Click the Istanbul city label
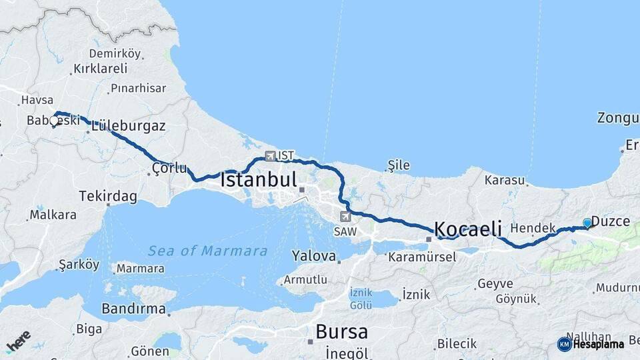pyautogui.click(x=259, y=180)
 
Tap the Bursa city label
pyautogui.click(x=341, y=331)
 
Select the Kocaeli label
pyautogui.click(x=468, y=229)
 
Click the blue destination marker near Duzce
pyautogui.click(x=587, y=223)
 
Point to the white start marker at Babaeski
pyautogui.click(x=54, y=121)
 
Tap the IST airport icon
pyautogui.click(x=270, y=156)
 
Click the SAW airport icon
pyautogui.click(x=345, y=217)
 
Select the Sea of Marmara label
pyautogui.click(x=207, y=251)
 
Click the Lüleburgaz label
pyautogui.click(x=129, y=125)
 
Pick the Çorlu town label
pyautogui.click(x=169, y=168)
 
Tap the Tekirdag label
pyautogui.click(x=108, y=197)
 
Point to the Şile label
pyautogui.click(x=399, y=165)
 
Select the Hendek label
pyautogui.click(x=533, y=228)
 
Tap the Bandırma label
pyautogui.click(x=133, y=309)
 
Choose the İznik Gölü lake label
pyautogui.click(x=361, y=299)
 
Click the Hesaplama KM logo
pyautogui.click(x=591, y=344)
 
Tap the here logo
pyautogui.click(x=19, y=341)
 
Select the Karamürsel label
pyautogui.click(x=421, y=257)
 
